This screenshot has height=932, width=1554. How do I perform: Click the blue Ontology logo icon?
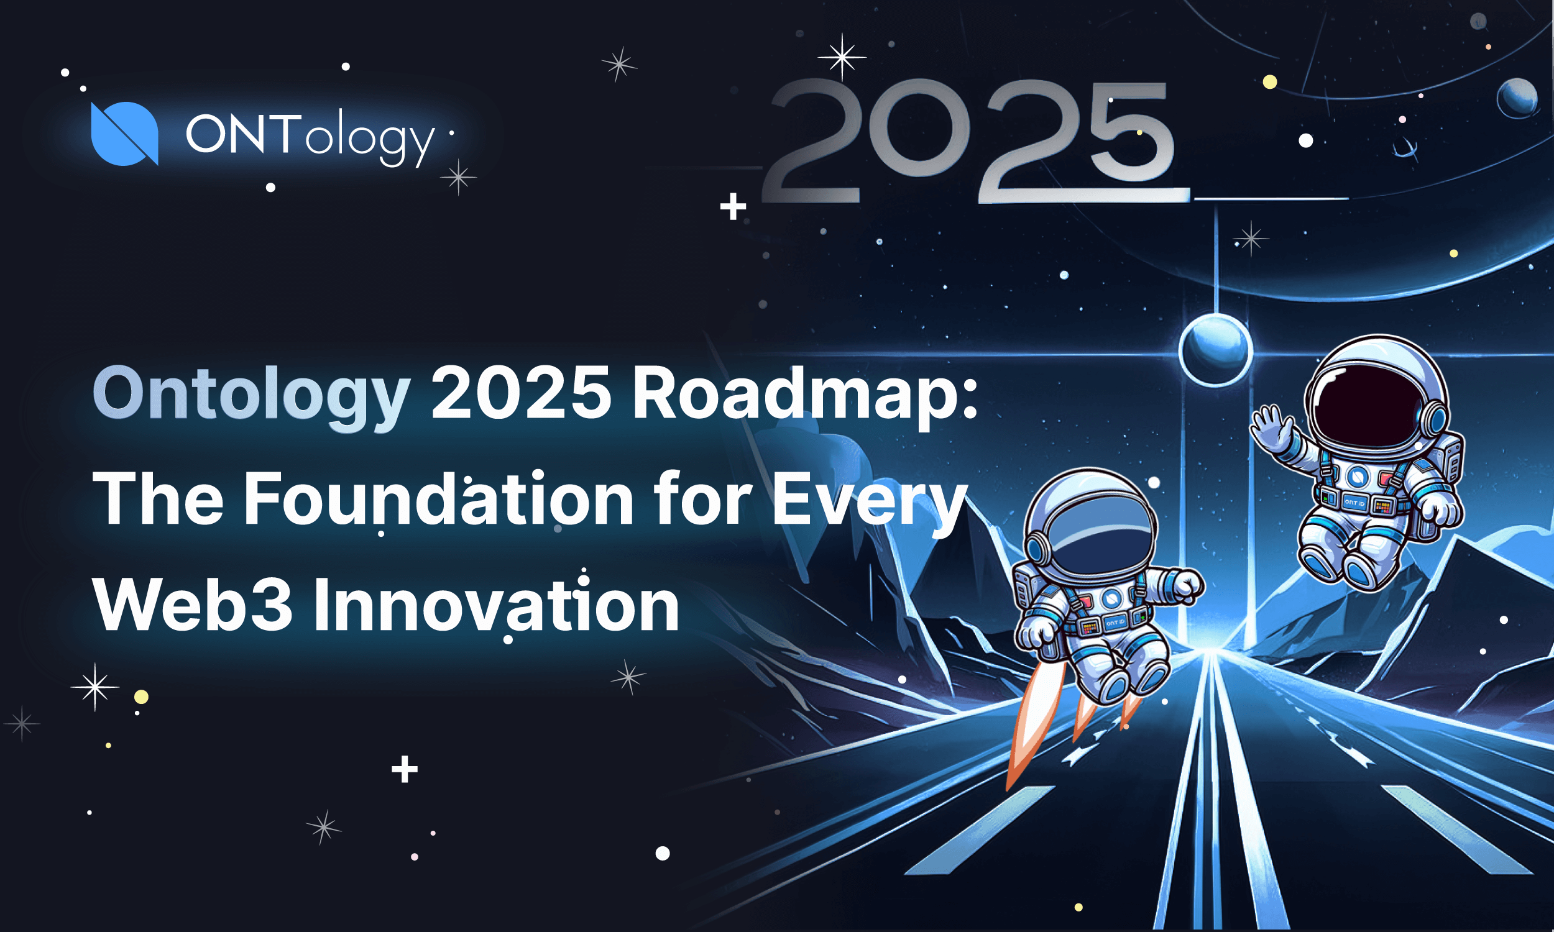[124, 133]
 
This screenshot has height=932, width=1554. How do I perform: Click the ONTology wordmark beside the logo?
[310, 135]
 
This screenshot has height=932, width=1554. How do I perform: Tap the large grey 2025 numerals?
[967, 142]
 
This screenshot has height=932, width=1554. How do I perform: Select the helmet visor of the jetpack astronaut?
[1093, 540]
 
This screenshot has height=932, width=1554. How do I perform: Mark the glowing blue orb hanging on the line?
[1215, 349]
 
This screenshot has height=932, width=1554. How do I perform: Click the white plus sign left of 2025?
[733, 207]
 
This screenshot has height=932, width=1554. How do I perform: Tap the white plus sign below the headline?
[405, 769]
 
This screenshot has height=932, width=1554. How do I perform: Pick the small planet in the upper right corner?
[1517, 98]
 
